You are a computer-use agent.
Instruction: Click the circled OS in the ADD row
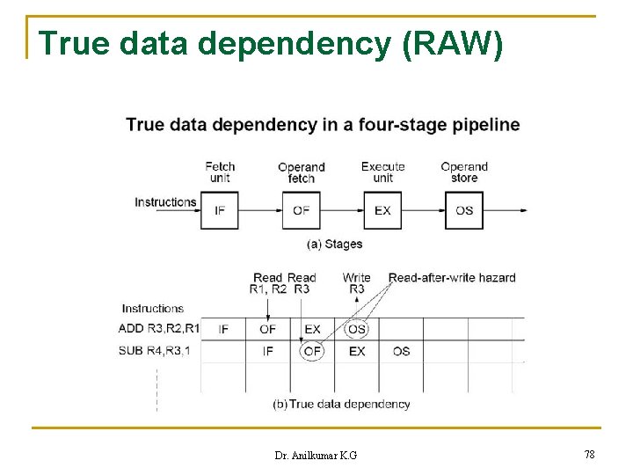pos(356,329)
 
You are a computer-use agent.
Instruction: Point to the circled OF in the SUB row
pos(312,351)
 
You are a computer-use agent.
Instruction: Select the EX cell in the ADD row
pos(312,329)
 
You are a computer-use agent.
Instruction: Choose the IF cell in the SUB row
pos(267,351)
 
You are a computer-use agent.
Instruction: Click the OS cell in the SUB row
pos(401,351)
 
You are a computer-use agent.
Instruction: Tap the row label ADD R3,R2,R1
pos(159,329)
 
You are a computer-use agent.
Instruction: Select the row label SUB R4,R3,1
pos(154,351)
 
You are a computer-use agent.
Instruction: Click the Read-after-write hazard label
pos(452,278)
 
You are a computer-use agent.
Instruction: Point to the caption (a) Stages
pos(334,244)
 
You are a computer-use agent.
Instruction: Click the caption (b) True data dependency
pos(342,404)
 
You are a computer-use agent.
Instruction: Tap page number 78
pos(589,454)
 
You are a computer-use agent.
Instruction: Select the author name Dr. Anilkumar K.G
pos(316,455)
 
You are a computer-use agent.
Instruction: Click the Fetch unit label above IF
pos(220,172)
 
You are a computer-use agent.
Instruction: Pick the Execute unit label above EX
pos(382,172)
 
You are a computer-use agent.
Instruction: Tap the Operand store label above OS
pos(464,172)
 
